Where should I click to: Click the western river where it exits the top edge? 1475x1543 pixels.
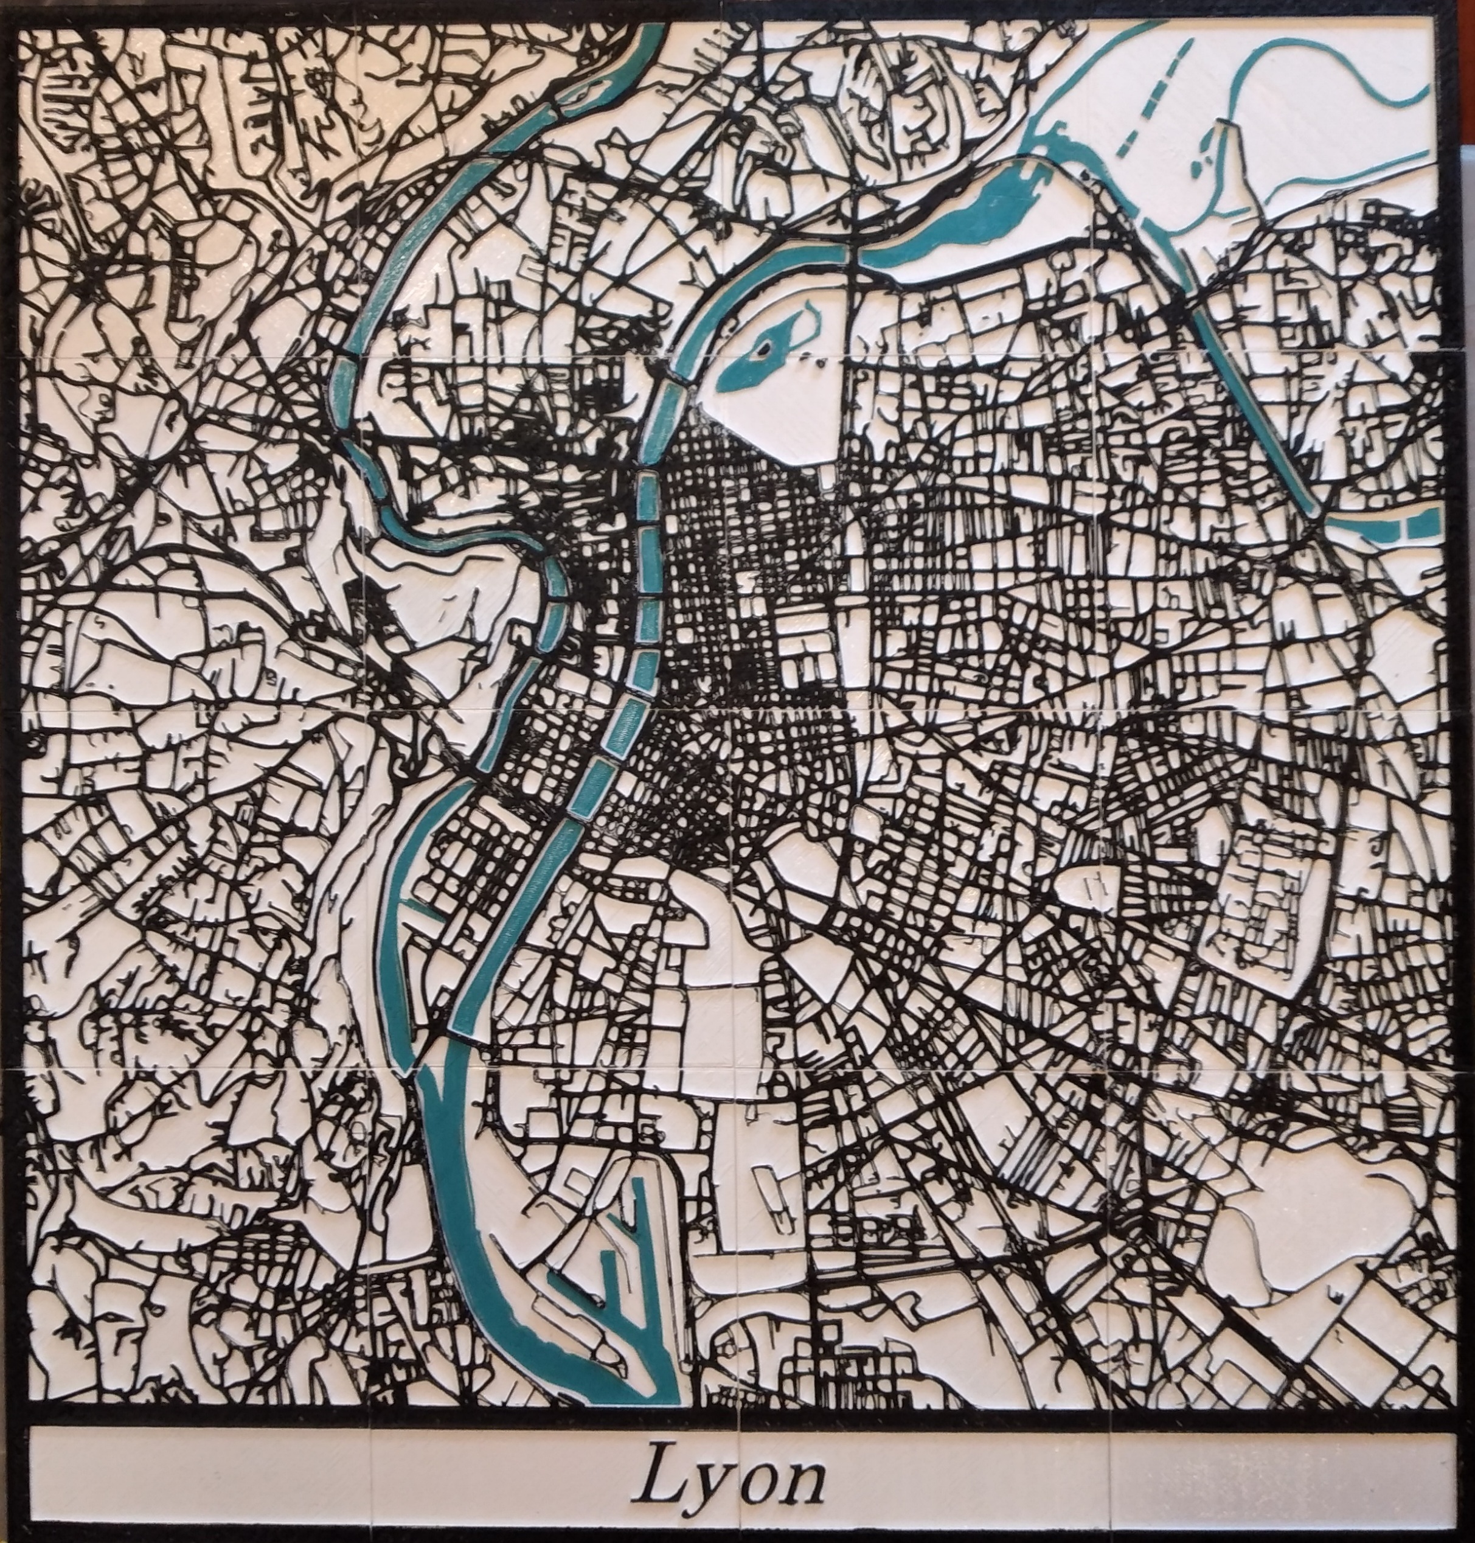click(653, 32)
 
